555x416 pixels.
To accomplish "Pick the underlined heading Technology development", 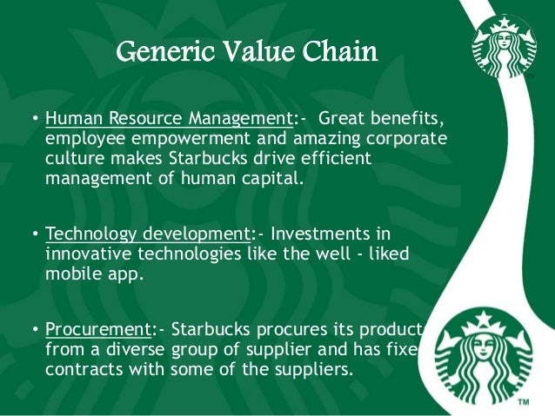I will [146, 234].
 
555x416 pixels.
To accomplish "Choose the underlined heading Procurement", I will [97, 331].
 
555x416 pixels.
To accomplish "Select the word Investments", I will [330, 234].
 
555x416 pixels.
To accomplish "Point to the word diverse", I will [143, 349].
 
